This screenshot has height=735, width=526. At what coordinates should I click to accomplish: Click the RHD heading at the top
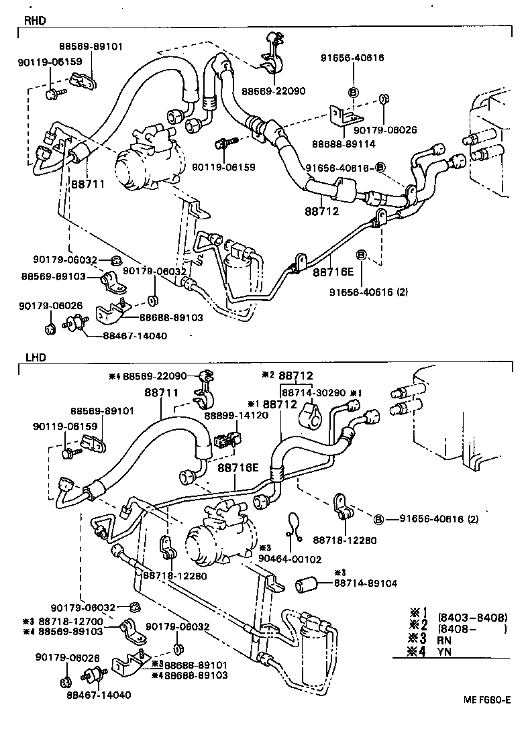[x=34, y=21]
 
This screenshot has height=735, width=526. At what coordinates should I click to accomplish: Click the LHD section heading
[x=34, y=357]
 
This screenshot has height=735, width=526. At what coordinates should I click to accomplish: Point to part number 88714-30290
[x=313, y=391]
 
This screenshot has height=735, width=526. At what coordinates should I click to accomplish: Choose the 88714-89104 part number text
[x=365, y=583]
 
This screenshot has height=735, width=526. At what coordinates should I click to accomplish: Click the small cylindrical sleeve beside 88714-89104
[x=307, y=584]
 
